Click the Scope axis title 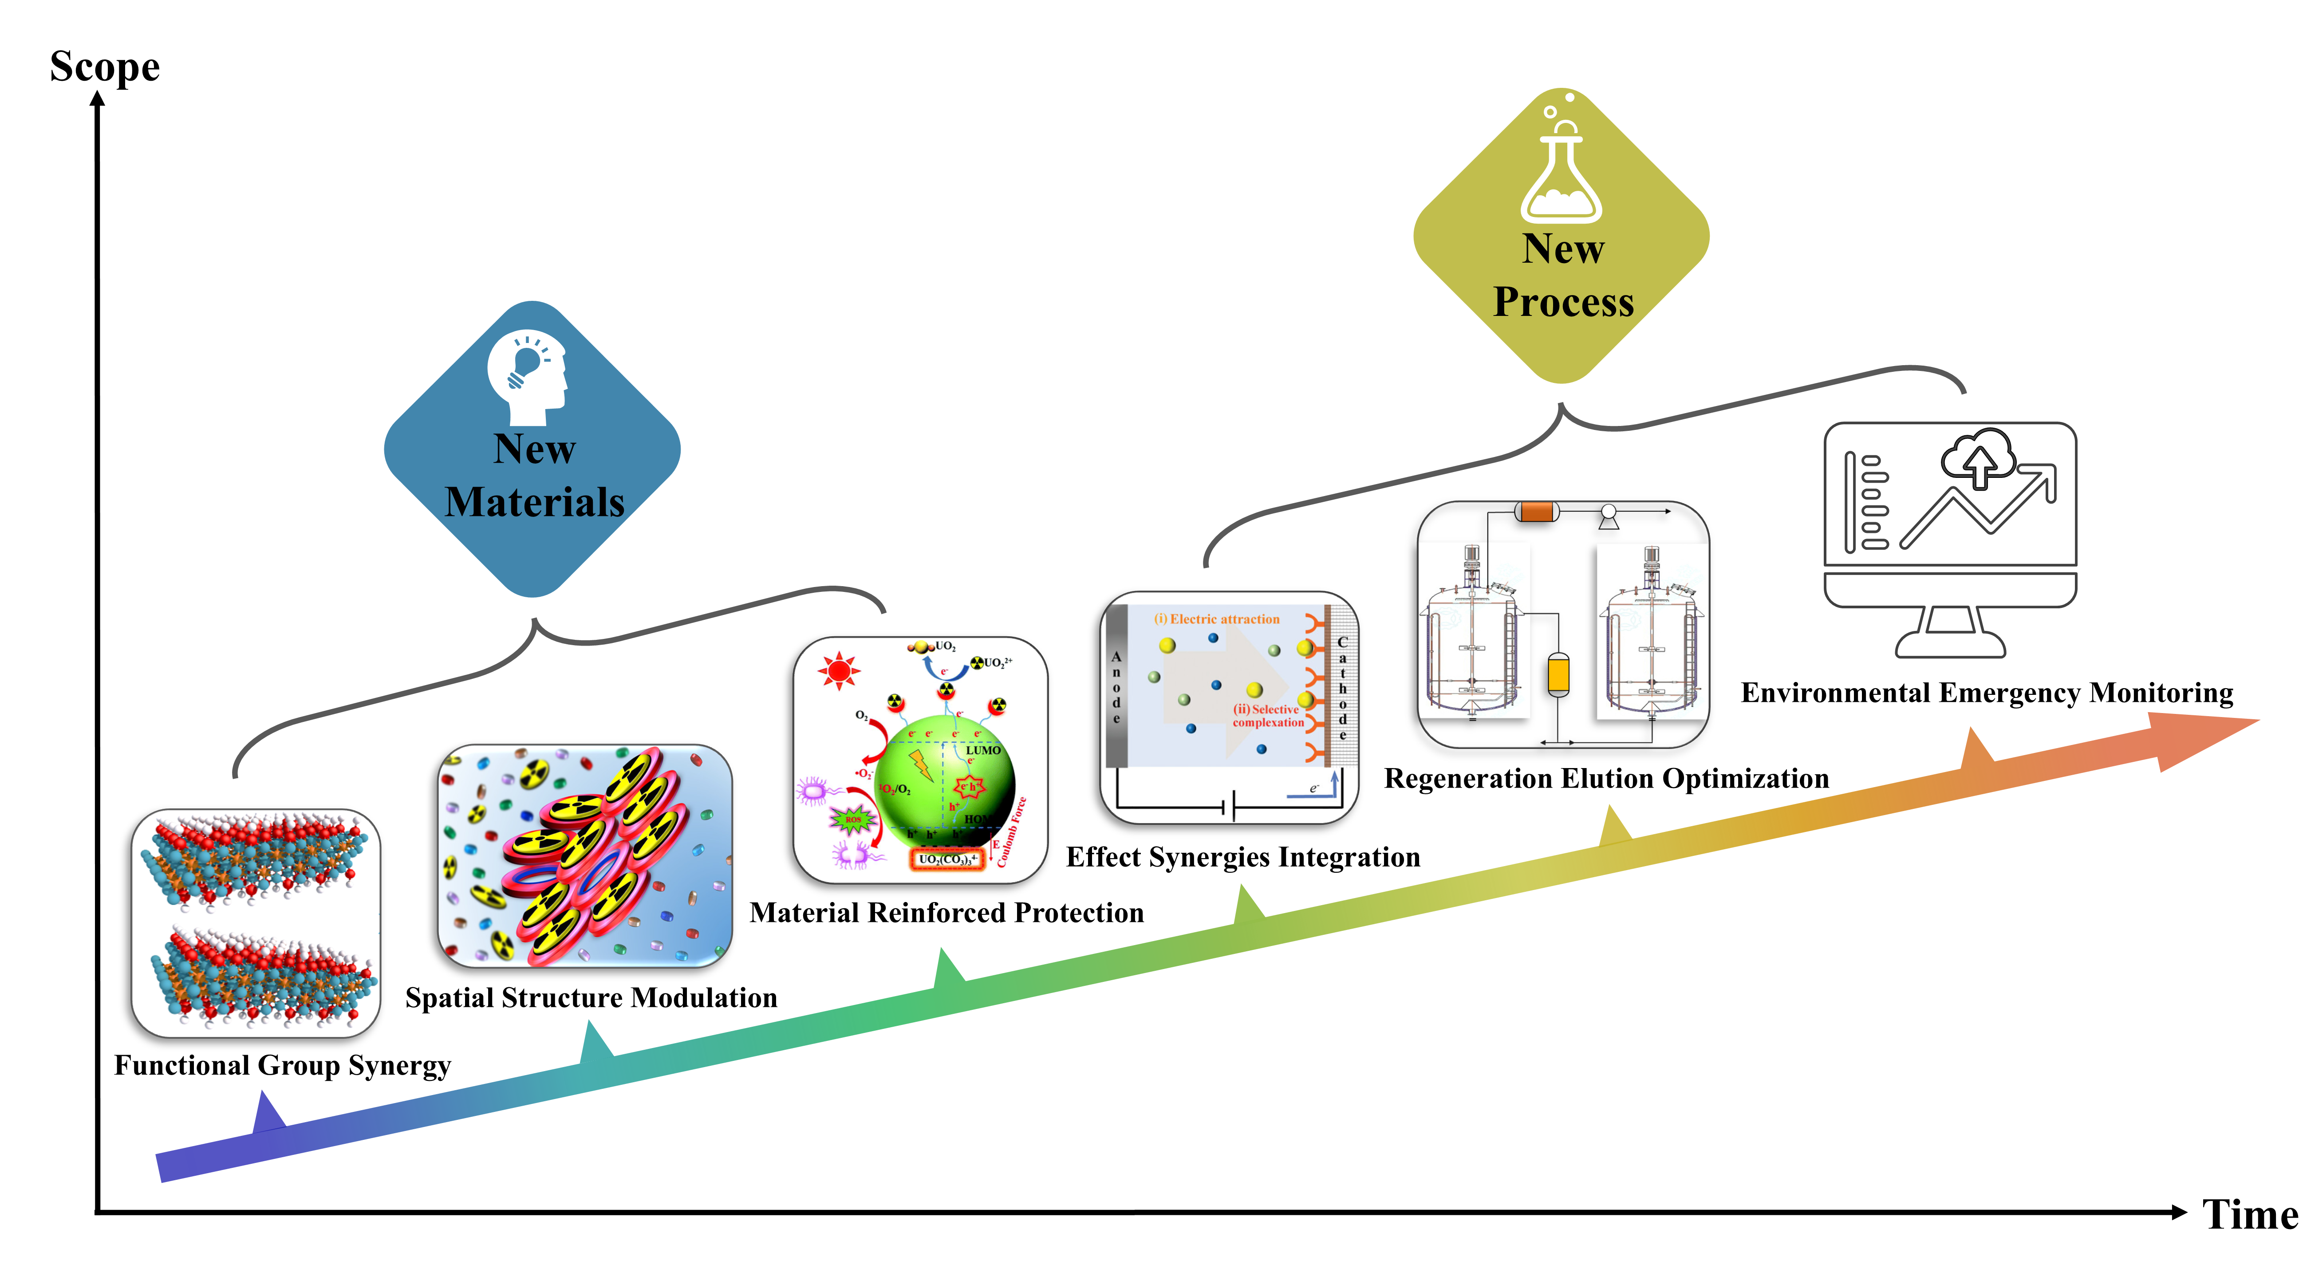104,67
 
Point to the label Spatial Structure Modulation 591,998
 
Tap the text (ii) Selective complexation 1267,716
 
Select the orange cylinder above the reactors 1536,511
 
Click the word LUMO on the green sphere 982,751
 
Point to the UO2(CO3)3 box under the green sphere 948,859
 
